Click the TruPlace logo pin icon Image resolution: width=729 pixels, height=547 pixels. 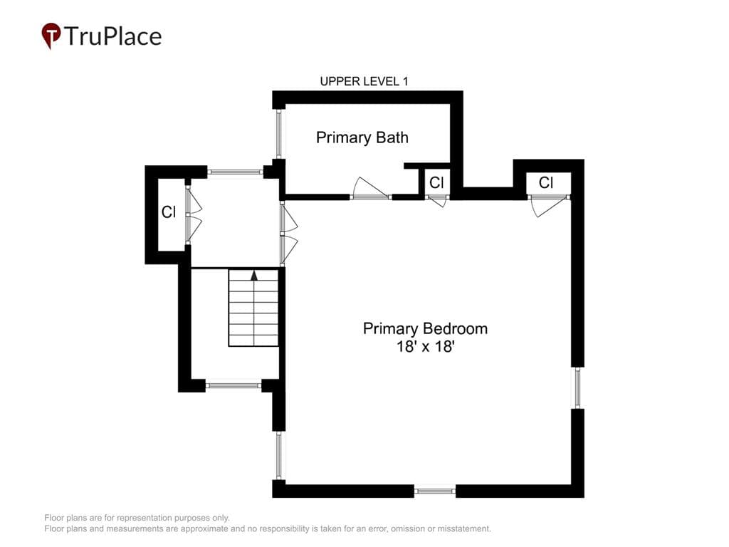[x=51, y=36]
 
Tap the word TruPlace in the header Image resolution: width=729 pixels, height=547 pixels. [x=113, y=36]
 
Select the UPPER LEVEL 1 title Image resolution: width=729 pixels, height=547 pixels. [x=364, y=81]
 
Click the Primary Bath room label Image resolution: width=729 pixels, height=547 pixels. [x=362, y=137]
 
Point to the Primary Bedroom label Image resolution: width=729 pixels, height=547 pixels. [x=425, y=329]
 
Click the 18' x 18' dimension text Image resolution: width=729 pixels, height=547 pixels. [x=425, y=347]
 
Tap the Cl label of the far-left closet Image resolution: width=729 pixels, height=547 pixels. [x=169, y=212]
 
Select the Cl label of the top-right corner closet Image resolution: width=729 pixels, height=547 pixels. [x=546, y=183]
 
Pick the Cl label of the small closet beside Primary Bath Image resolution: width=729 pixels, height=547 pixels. [x=436, y=183]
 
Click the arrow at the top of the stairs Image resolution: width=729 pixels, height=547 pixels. [x=254, y=276]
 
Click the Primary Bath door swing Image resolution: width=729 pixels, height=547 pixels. [x=370, y=188]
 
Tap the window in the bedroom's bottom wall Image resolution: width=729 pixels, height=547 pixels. [x=435, y=491]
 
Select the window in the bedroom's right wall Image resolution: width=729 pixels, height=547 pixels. [x=577, y=388]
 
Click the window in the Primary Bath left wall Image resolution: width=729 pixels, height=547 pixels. [x=279, y=133]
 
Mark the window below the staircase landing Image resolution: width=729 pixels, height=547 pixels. [x=234, y=385]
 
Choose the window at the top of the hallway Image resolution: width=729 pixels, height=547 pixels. [x=235, y=172]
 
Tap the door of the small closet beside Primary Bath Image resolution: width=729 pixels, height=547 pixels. [x=437, y=201]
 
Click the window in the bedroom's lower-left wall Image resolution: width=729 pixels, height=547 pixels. [x=279, y=455]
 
